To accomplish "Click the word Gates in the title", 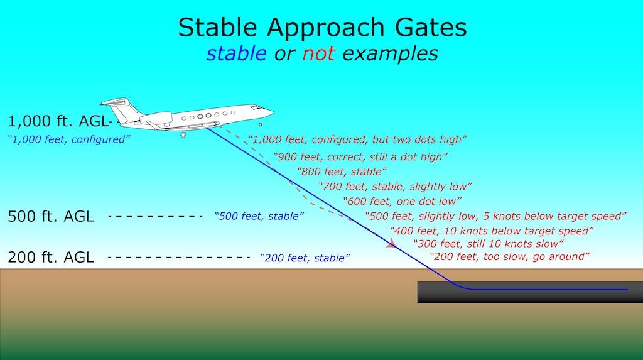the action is coord(431,28).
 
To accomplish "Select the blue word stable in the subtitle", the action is coord(237,53).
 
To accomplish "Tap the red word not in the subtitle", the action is coord(318,54).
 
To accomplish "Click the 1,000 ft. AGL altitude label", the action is coord(58,121).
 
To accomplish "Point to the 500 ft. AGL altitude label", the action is coord(51,216).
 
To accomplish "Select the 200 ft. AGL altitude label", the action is coord(51,258).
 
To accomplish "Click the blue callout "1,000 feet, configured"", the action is coord(69,139).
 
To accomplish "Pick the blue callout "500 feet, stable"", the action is coord(259,216).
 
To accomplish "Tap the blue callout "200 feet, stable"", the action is coord(305,258).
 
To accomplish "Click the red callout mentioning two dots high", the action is coord(357,139).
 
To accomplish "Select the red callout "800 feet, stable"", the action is coord(342,171).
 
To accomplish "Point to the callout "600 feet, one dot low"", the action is coord(403,201).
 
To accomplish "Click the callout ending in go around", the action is coord(510,256).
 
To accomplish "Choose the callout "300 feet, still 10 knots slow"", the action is coord(489,244).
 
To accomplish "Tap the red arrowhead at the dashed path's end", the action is coord(391,243).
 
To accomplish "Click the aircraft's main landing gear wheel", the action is coord(183,134).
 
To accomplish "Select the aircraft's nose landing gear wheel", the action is coord(260,125).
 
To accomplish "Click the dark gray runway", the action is coord(530,292).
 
